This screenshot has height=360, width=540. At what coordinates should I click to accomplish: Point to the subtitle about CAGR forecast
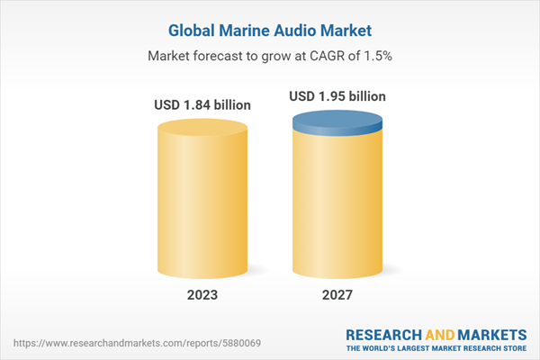coord(270,56)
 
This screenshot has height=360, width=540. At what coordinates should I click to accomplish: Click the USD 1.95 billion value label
coord(337,95)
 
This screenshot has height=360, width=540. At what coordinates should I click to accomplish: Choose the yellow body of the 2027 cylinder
coord(337,207)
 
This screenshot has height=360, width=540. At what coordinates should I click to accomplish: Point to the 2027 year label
coord(337,294)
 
